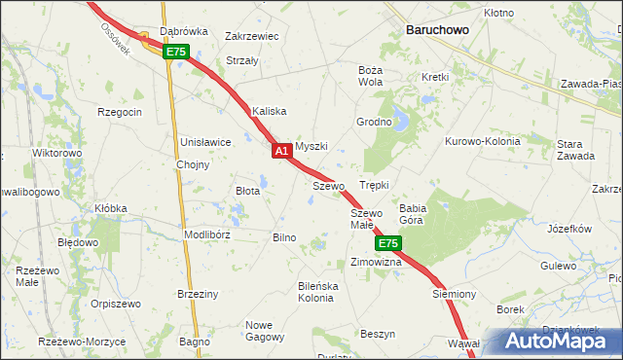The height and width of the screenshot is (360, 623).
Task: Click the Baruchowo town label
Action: click(x=437, y=30)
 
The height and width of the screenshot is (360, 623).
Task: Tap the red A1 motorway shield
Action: click(x=280, y=152)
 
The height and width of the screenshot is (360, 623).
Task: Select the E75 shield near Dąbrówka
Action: click(x=175, y=52)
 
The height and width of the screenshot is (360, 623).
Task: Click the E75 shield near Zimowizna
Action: click(x=387, y=242)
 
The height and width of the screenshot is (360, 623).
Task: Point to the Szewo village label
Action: click(x=329, y=185)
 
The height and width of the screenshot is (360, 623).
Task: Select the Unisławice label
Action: click(x=205, y=142)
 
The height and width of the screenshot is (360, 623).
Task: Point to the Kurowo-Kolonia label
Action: click(x=483, y=141)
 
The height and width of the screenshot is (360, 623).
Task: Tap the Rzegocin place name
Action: click(x=120, y=112)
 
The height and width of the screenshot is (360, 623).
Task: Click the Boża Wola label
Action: click(x=370, y=76)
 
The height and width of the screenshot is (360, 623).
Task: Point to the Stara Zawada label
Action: click(x=569, y=150)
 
